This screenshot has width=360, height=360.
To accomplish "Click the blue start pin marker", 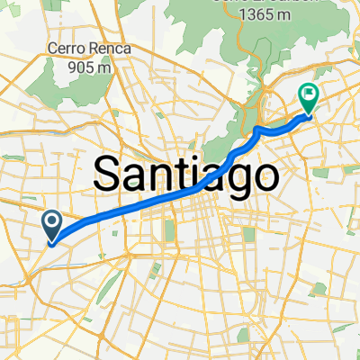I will coord(52,222).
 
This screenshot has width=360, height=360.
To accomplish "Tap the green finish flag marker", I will coord(309,94).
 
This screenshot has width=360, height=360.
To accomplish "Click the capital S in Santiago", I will coord(108,171).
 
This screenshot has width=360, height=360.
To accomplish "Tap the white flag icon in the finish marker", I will coord(309,92).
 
